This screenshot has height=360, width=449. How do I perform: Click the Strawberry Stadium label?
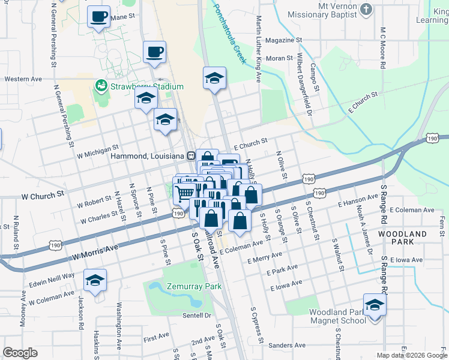click(x=146, y=87)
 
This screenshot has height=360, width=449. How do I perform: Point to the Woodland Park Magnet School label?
click(x=337, y=316)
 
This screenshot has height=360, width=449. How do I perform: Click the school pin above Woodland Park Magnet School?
click(x=375, y=306)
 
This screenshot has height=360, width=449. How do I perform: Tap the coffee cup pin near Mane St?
click(x=98, y=17)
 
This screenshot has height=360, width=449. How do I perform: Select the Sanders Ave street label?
click(x=287, y=346)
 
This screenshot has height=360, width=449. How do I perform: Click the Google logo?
click(x=20, y=353)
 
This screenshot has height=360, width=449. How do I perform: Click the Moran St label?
click(x=278, y=58)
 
